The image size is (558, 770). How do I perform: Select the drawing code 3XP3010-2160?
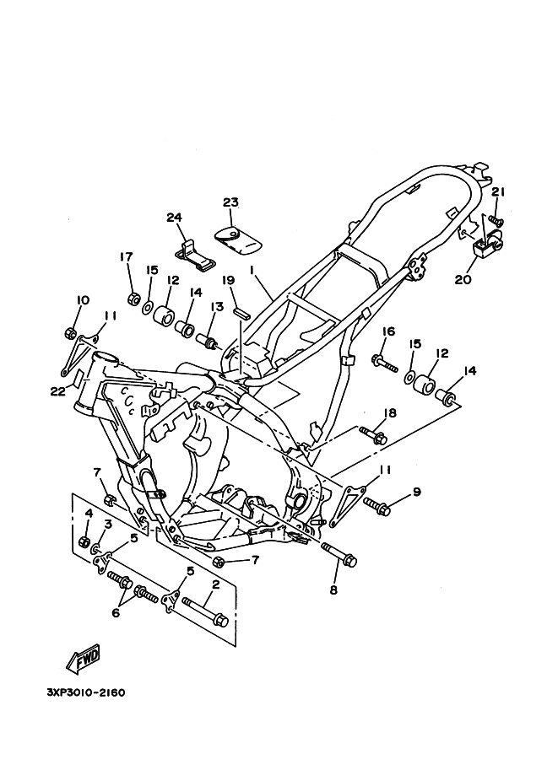point(86,693)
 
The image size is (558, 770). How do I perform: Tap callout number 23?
point(230,202)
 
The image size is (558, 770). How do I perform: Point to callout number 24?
point(175,218)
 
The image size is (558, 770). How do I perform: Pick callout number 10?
point(83,301)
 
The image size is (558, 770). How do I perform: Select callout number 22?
point(57,390)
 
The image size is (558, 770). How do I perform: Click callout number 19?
point(228,281)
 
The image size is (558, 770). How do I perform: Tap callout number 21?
point(498,193)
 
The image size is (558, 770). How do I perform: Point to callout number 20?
point(462,280)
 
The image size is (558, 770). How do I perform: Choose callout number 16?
point(389,331)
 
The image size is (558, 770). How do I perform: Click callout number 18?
point(390,413)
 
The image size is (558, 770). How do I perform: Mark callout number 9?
point(416,492)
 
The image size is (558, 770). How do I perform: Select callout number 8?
point(333,590)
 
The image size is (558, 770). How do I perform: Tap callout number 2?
point(215,584)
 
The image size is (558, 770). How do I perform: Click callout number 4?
point(88,514)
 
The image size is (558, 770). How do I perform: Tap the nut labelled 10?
point(70,330)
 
